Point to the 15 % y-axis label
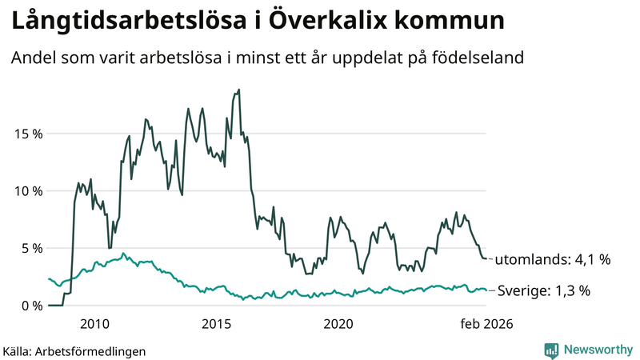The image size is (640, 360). coord(29,133)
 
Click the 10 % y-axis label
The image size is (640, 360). coord(29,190)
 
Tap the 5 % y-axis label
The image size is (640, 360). coord(33,248)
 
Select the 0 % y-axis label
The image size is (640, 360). coord(33,306)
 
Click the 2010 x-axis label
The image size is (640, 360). coord(95,324)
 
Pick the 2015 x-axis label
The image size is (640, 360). coord(217,324)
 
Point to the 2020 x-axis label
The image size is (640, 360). coord(338,324)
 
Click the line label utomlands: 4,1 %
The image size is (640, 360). coord(552,260)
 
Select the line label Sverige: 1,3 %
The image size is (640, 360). coord(543,291)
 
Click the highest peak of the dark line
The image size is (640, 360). coord(239,90)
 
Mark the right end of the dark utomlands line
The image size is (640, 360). coord(486,258)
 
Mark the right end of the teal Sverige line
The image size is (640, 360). coord(486,290)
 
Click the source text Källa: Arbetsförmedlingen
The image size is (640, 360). coord(74,350)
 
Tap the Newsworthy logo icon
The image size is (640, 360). coord(551,350)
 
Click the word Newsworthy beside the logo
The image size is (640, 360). coord(598,350)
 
